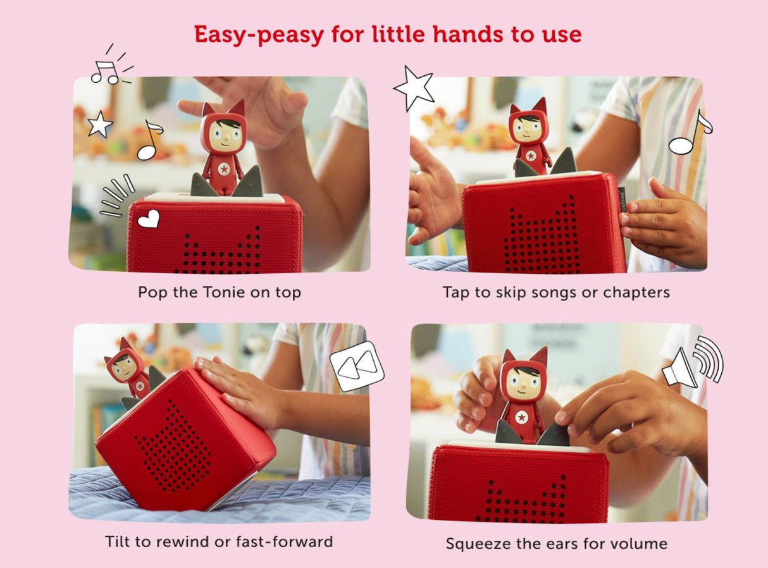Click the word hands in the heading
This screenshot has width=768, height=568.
(x=474, y=34)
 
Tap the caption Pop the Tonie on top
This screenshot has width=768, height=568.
(x=220, y=292)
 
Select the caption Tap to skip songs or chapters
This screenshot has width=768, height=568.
(x=556, y=292)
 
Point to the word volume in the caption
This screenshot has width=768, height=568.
(x=639, y=543)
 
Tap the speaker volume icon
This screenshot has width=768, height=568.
(x=692, y=362)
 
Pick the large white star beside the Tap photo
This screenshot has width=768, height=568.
(x=414, y=89)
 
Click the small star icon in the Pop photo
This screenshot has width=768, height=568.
(x=100, y=125)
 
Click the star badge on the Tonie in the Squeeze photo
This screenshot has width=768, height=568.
(x=523, y=417)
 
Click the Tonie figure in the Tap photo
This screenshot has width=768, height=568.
(x=530, y=135)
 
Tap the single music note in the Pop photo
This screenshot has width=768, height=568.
(x=149, y=140)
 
